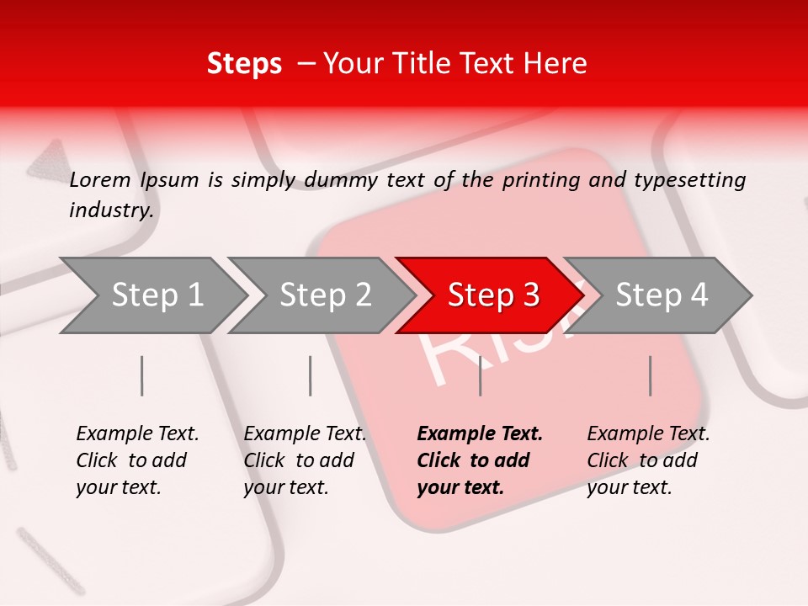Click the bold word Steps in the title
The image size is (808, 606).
click(x=244, y=64)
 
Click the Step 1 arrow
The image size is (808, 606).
click(x=151, y=295)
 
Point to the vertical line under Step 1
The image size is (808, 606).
click(x=141, y=375)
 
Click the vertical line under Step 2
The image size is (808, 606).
click(x=311, y=375)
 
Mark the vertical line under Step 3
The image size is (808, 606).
click(x=480, y=375)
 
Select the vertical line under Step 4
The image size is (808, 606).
click(x=650, y=375)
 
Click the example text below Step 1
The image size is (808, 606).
click(x=137, y=460)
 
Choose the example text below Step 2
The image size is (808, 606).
click(x=305, y=460)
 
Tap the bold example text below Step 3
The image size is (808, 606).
click(x=480, y=460)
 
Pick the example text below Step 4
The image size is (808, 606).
click(x=648, y=460)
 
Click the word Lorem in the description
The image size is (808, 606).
click(x=100, y=179)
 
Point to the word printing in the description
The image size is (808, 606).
click(x=542, y=179)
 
